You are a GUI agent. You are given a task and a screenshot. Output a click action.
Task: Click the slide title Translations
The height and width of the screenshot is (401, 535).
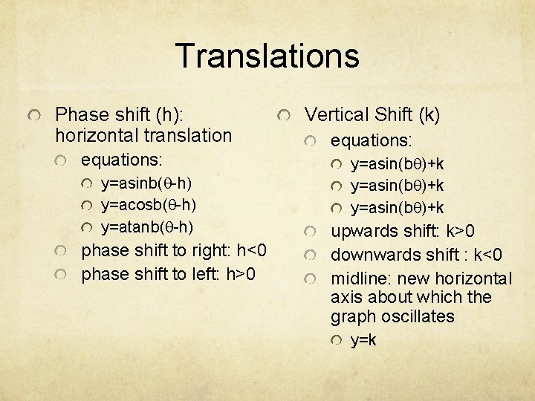coord(267,56)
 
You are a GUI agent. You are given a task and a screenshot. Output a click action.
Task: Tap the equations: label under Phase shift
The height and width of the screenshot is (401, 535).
coord(121,160)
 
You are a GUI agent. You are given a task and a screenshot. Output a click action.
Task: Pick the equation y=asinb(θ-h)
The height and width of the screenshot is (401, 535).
coord(148,183)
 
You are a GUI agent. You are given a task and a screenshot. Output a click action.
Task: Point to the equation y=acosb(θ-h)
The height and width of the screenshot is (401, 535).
coord(148,204)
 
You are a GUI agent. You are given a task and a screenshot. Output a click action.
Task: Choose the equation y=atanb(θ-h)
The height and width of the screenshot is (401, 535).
coord(148,226)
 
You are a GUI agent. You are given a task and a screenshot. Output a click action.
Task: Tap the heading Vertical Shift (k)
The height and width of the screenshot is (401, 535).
coord(372,114)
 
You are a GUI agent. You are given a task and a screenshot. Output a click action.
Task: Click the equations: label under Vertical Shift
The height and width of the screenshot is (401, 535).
coord(371,140)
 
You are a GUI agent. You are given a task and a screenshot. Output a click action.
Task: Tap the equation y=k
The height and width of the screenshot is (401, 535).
coord(363,340)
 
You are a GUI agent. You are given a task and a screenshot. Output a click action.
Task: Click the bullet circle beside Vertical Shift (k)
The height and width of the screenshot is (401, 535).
coord(285,116)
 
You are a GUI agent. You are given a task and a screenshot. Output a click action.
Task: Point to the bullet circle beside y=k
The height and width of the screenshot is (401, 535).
coord(337,341)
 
